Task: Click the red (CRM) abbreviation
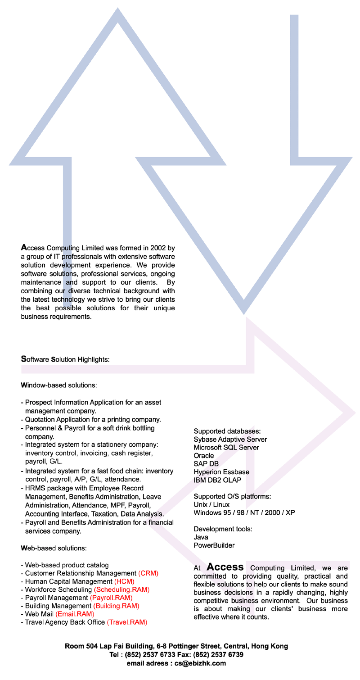coord(148,573)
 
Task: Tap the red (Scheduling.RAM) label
coord(121,589)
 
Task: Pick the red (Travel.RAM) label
coord(127,622)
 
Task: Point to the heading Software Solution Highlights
coord(65,359)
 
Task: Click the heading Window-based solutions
coord(59,386)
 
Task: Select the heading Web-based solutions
coord(54,549)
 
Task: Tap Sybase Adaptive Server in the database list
coord(230,439)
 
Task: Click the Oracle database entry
coord(204,455)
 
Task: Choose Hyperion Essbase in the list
coord(221,471)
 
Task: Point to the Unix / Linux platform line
coord(211,504)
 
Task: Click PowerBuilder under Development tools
coord(214,545)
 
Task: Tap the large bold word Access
coord(225,567)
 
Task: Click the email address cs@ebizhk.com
coord(200,663)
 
